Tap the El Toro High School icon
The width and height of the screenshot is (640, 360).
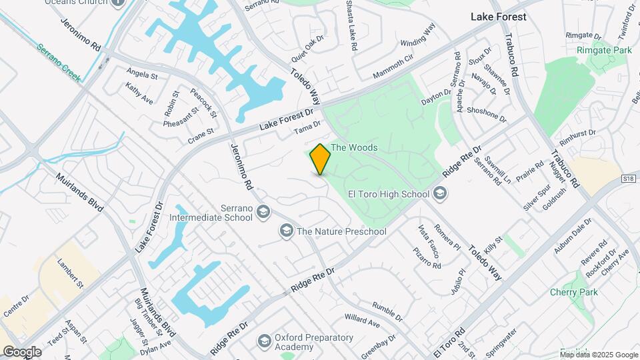439,194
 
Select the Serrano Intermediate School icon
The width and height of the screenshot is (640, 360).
263,212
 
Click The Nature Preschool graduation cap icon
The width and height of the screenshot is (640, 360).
287,231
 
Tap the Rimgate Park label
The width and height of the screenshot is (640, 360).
604,50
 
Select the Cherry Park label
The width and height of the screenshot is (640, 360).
573,292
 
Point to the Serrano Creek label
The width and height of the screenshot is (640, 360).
58,63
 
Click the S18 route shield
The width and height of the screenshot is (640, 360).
627,179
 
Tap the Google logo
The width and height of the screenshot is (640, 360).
22,351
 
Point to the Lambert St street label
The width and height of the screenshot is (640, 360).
71,274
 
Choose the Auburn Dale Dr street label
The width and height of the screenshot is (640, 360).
573,235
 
